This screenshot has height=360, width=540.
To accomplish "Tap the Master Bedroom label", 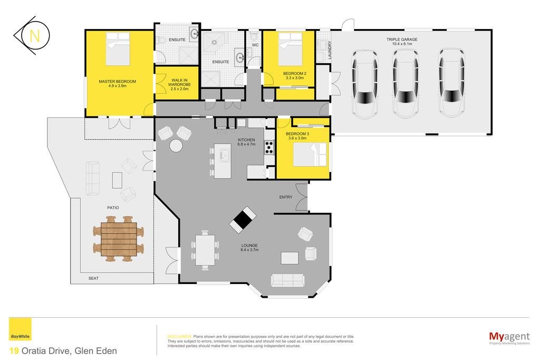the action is coord(118,84).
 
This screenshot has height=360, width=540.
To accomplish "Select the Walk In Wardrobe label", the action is coord(179,84).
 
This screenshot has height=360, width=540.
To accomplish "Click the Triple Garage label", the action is coord(402,42).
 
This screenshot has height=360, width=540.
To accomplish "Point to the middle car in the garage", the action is coord(406,83).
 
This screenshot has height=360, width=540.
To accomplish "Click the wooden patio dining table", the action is coord(119,239).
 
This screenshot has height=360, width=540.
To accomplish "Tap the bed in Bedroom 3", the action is coord(310,154).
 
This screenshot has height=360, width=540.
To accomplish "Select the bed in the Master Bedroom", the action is coord(118,48).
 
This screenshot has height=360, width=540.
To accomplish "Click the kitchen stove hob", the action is coord(269,147).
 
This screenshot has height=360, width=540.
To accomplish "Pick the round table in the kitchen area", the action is coord(176,145).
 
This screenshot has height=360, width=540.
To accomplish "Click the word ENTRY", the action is coord(286,197).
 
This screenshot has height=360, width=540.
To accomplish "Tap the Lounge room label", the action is coord(249,247).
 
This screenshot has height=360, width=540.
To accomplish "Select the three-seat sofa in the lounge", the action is coord(287,280).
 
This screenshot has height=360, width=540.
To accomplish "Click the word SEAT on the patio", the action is coord(93,278).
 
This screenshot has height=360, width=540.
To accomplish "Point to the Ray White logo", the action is coord(20,329).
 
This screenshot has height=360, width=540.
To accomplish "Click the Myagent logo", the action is coord(509,338).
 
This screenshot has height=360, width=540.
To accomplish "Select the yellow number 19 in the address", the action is coord(14,351).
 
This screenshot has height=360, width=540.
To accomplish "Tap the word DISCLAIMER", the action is coord(179,337).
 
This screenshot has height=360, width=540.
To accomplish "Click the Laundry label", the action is coord(330,50).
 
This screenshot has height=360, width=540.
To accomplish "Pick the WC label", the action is coord(255,45).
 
